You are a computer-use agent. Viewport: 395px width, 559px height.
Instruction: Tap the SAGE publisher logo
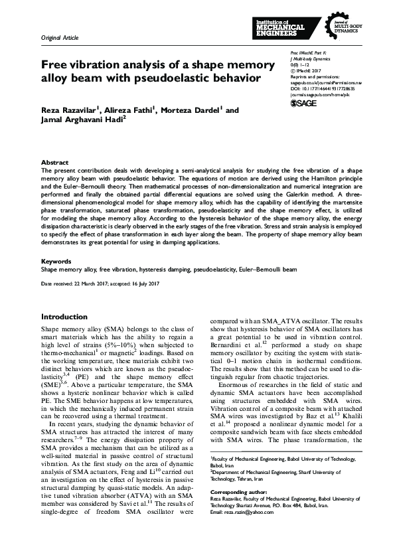(x=303, y=104)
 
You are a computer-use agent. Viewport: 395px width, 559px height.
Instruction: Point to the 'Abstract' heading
(x=54, y=162)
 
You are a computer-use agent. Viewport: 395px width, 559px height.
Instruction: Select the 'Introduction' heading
(x=64, y=317)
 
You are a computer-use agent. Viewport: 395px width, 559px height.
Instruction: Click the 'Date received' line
(x=100, y=284)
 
